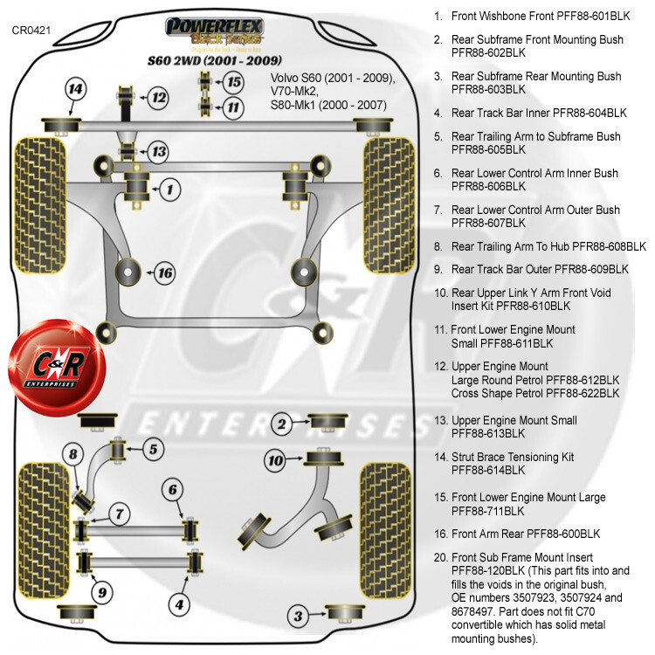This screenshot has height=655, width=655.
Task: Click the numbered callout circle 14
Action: [x=76, y=89]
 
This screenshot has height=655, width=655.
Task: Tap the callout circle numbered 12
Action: [x=157, y=98]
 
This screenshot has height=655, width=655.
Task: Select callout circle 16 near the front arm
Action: [x=164, y=273]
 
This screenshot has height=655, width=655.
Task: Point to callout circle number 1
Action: [x=169, y=187]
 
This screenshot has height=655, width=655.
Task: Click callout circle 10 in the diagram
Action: [x=275, y=459]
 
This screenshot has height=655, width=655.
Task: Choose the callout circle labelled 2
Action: [x=281, y=424]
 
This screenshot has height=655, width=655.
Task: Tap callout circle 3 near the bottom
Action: [x=298, y=617]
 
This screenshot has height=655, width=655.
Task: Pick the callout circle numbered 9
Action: [x=103, y=593]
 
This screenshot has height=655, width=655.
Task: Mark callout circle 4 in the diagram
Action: [x=178, y=603]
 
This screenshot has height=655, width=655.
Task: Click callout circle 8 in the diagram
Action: [x=74, y=453]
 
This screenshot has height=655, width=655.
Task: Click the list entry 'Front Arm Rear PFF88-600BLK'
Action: [x=526, y=534]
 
